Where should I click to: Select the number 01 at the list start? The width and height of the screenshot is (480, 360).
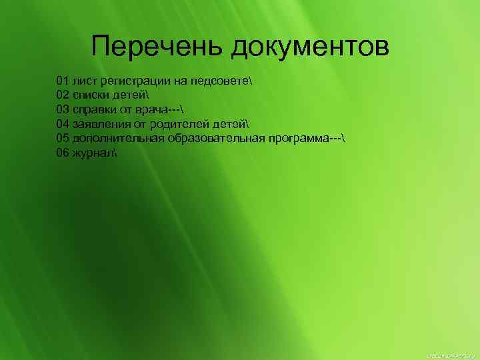[x=63, y=81]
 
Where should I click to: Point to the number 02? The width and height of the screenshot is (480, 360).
[x=63, y=95]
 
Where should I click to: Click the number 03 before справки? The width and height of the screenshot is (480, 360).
[x=63, y=109]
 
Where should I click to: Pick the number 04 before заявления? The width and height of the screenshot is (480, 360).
[x=63, y=124]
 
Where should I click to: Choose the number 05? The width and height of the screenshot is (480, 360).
[x=63, y=138]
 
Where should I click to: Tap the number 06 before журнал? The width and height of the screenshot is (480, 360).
[x=63, y=152]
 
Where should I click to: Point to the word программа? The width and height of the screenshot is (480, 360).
[x=299, y=138]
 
